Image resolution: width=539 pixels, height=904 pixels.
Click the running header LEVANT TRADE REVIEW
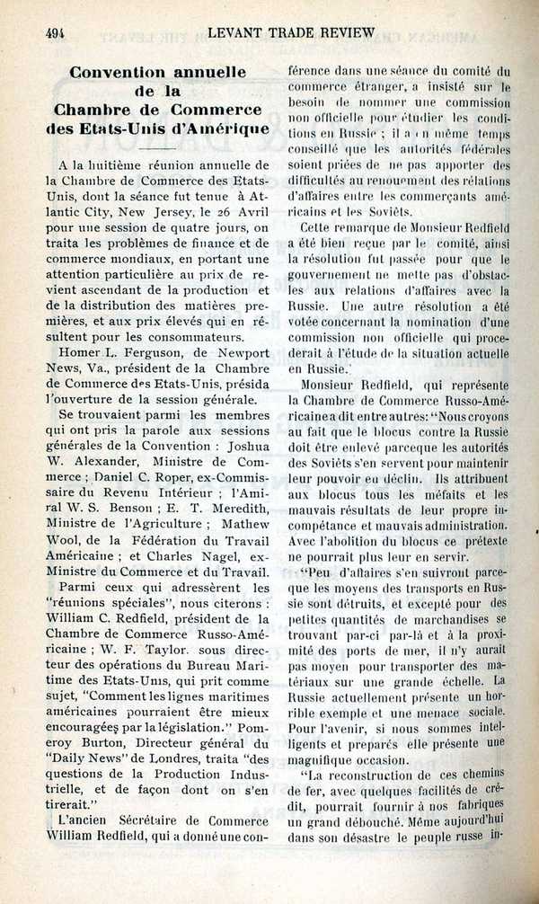(290, 32)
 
